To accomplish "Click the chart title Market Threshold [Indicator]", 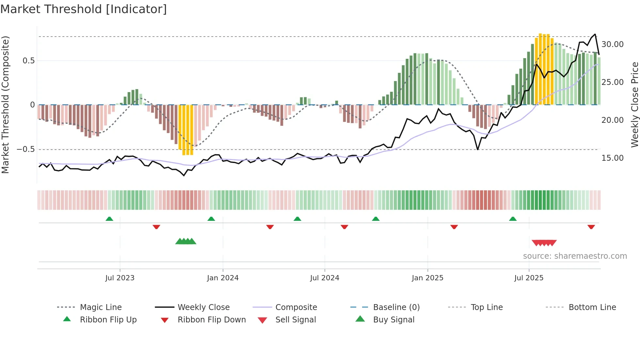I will click(84, 9).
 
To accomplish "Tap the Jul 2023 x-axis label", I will click(120, 278).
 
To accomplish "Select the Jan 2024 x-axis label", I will click(223, 278).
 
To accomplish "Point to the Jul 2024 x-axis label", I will click(325, 278).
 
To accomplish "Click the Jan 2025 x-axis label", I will click(427, 278).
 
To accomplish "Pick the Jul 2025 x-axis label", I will click(529, 278).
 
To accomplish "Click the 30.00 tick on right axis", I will click(612, 44).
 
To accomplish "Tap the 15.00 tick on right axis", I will click(612, 158).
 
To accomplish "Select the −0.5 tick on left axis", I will click(26, 149).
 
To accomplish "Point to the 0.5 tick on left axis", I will click(28, 61).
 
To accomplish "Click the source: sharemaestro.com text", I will click(575, 256).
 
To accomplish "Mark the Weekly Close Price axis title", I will click(634, 105).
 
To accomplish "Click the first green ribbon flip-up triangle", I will click(109, 219).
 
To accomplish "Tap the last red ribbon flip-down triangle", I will click(591, 227).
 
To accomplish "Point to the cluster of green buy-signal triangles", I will click(186, 241).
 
